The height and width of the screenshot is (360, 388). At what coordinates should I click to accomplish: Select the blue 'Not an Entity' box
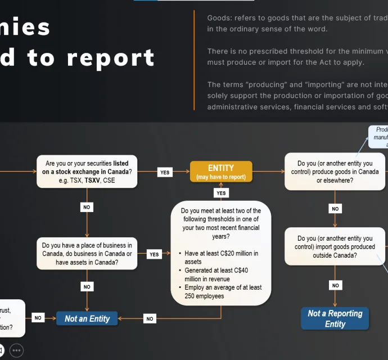click(87, 318)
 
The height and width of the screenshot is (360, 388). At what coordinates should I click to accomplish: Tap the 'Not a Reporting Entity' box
click(335, 318)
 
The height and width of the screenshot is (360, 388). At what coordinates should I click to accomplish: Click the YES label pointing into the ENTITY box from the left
click(165, 172)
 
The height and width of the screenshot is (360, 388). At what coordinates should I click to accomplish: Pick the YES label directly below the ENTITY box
click(221, 193)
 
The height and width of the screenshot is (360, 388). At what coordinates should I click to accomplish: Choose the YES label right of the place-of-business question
click(154, 254)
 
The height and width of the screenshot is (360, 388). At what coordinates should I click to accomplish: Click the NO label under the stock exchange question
click(87, 207)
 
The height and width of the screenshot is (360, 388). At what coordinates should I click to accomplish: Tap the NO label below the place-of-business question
click(87, 286)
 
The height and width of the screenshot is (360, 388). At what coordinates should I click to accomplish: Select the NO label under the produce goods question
click(335, 209)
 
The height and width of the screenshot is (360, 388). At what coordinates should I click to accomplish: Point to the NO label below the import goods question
click(335, 285)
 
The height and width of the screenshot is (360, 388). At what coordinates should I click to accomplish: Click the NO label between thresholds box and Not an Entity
click(150, 318)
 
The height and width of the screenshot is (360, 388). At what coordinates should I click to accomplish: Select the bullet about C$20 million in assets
click(222, 257)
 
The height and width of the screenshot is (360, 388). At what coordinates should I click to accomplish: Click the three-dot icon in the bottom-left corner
click(17, 350)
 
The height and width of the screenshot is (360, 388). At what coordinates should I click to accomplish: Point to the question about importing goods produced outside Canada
click(335, 246)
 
